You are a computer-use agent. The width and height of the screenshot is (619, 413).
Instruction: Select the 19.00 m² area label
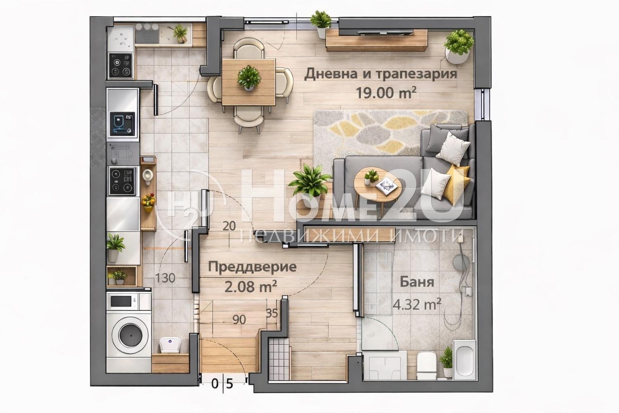pos(386,93)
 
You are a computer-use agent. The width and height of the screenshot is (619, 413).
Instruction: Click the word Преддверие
pos(252,267)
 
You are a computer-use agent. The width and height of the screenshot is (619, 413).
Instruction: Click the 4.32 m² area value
pos(417,304)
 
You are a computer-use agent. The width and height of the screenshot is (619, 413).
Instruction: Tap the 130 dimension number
pos(165,278)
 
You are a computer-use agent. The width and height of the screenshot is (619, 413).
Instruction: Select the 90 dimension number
pos(239,320)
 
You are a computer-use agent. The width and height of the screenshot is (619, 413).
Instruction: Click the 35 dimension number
pos(272,313)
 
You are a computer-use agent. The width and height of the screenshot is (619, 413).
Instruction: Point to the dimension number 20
pos(229,226)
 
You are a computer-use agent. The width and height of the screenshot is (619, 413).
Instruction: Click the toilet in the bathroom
pos(426,365)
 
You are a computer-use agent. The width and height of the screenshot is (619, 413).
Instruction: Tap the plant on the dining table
pos(249,78)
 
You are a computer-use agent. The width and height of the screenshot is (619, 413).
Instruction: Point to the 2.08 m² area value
pos(250,287)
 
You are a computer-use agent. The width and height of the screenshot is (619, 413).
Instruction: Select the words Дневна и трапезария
pos(381,74)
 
